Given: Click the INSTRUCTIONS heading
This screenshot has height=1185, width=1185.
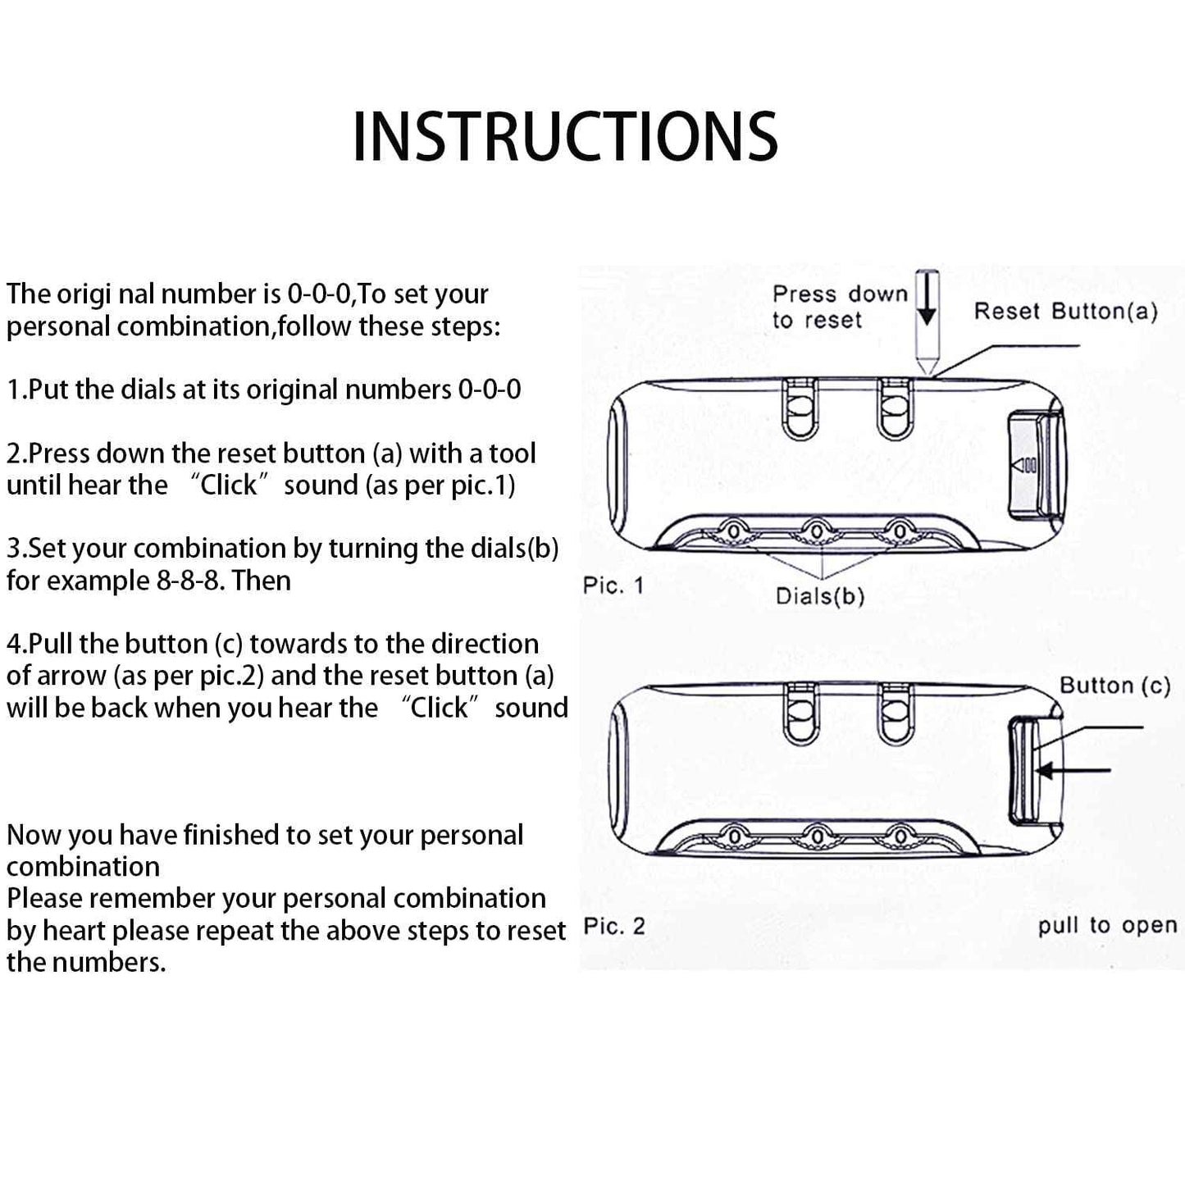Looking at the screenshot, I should (x=565, y=136).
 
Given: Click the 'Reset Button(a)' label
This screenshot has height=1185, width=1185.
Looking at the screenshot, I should (x=1065, y=312).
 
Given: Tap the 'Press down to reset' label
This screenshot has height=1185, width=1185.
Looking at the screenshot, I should (x=839, y=307).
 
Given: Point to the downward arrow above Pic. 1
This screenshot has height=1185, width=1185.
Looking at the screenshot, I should (x=927, y=300).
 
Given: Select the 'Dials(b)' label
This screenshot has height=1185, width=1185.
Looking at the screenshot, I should (x=820, y=596).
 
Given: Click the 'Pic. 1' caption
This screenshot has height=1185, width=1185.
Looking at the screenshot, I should (x=613, y=586).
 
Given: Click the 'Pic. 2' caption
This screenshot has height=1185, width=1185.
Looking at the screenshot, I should (x=613, y=927).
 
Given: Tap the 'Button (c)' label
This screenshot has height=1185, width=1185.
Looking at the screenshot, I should (x=1114, y=686).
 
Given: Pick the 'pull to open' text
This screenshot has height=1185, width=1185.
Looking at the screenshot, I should (x=1107, y=926).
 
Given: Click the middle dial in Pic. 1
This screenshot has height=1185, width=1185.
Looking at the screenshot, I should (x=817, y=532).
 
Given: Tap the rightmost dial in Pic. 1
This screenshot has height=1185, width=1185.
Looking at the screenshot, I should (x=900, y=532).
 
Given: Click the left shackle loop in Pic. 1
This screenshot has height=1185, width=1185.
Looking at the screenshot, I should (x=800, y=409).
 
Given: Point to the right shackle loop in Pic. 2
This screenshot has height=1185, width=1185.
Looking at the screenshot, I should (x=895, y=714).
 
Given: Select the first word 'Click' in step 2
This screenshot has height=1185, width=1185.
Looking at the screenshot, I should (x=228, y=485).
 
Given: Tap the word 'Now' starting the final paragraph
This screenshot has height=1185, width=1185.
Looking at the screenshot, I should (x=34, y=835).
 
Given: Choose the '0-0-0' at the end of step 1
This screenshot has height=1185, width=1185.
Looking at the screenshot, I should (x=489, y=390).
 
